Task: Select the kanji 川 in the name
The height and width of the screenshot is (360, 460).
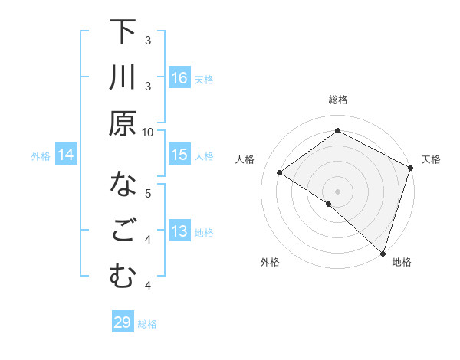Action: tap(123, 79)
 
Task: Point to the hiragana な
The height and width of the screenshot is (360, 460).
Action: tap(123, 185)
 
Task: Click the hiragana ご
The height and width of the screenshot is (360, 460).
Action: tap(123, 231)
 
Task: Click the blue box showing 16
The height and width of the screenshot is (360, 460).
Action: tap(179, 78)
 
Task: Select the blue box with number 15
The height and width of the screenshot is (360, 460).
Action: tap(179, 155)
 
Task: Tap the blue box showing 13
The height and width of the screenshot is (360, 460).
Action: tap(179, 232)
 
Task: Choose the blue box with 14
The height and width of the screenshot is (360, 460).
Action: tap(66, 155)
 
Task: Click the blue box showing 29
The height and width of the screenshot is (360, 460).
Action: tap(123, 323)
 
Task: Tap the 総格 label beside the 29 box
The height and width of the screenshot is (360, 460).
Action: tap(147, 324)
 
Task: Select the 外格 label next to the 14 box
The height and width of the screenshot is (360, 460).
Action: tap(41, 156)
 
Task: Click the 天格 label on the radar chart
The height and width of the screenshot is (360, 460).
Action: tap(431, 159)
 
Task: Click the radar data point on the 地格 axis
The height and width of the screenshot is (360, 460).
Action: tap(382, 252)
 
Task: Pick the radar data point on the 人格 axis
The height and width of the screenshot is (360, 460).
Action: tap(280, 173)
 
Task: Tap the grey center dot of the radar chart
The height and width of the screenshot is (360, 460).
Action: tap(337, 190)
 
